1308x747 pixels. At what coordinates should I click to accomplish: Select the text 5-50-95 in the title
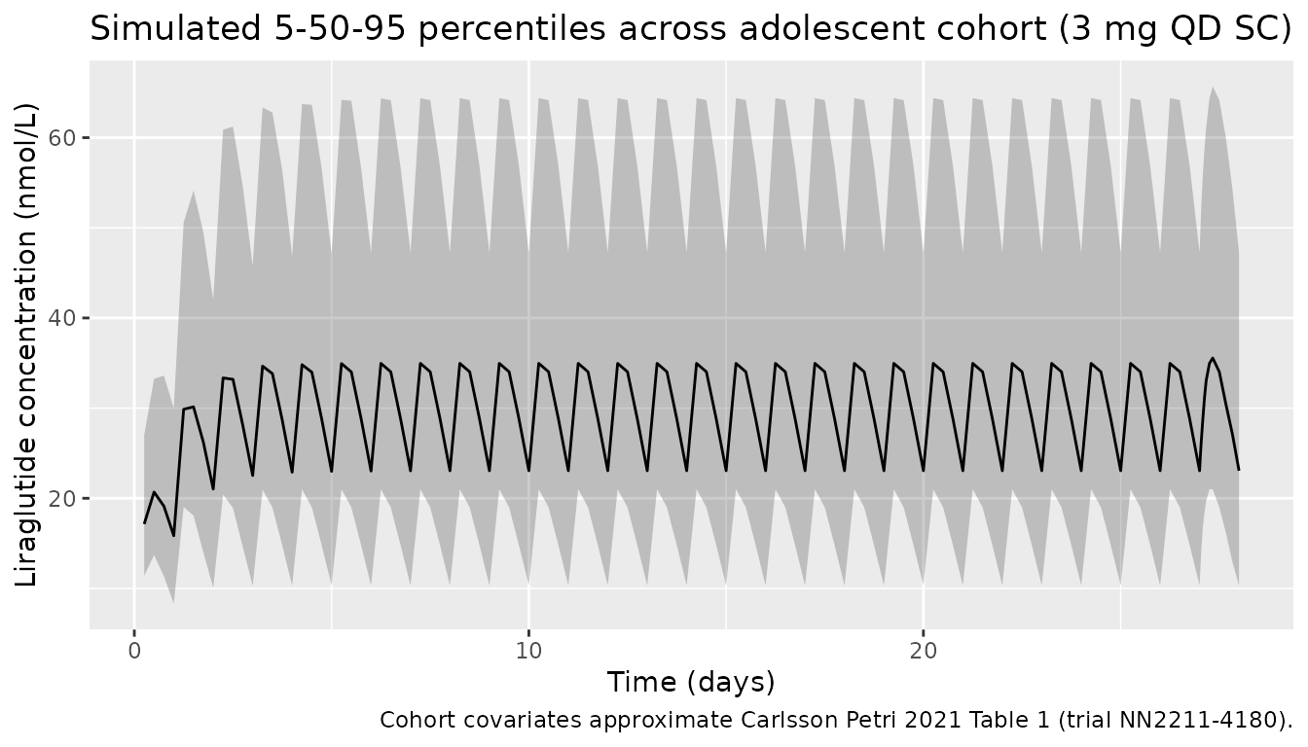[306, 29]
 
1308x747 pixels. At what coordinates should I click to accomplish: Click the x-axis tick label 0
[134, 649]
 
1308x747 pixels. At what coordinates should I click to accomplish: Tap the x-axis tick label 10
[528, 649]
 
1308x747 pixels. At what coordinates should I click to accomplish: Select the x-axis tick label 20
[923, 649]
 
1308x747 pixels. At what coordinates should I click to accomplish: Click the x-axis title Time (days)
[691, 682]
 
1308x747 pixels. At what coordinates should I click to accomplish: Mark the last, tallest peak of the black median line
[1212, 358]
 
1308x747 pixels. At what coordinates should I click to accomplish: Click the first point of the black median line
[144, 523]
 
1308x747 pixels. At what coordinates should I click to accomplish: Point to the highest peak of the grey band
[1212, 88]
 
